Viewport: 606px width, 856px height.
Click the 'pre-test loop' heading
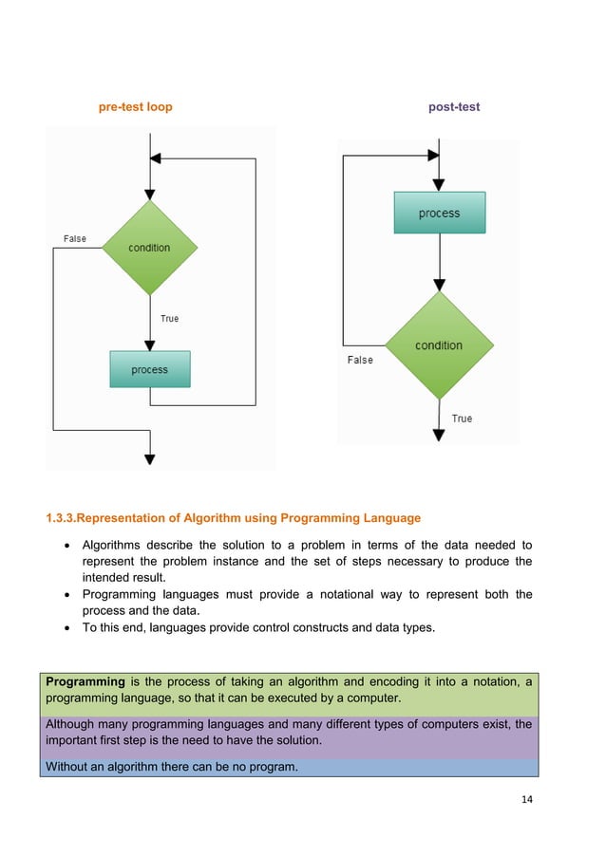pyautogui.click(x=136, y=107)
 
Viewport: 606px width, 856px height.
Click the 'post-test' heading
pyautogui.click(x=454, y=107)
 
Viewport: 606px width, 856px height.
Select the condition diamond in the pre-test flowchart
pyautogui.click(x=150, y=248)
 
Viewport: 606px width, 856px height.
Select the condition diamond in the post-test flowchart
pyautogui.click(x=439, y=345)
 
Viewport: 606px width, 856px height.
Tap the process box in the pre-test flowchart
pyautogui.click(x=150, y=369)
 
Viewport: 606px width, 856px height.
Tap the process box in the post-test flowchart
pyautogui.click(x=439, y=214)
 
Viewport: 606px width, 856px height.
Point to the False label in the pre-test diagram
pyautogui.click(x=74, y=238)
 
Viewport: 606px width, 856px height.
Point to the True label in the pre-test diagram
pyautogui.click(x=169, y=319)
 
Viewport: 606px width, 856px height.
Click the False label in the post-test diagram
pyautogui.click(x=360, y=361)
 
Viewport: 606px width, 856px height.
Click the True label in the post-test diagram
pyautogui.click(x=462, y=419)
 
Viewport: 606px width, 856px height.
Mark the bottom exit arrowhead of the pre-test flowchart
pyautogui.click(x=150, y=458)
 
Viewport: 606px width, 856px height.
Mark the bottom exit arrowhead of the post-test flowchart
pyautogui.click(x=439, y=435)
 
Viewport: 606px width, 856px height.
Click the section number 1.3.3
pyautogui.click(x=62, y=518)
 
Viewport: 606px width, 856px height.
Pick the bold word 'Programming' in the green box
pyautogui.click(x=85, y=681)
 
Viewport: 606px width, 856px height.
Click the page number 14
pyautogui.click(x=527, y=799)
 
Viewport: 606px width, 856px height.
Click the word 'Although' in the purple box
pyautogui.click(x=71, y=724)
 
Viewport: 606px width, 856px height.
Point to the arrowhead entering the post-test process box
pyautogui.click(x=439, y=186)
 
